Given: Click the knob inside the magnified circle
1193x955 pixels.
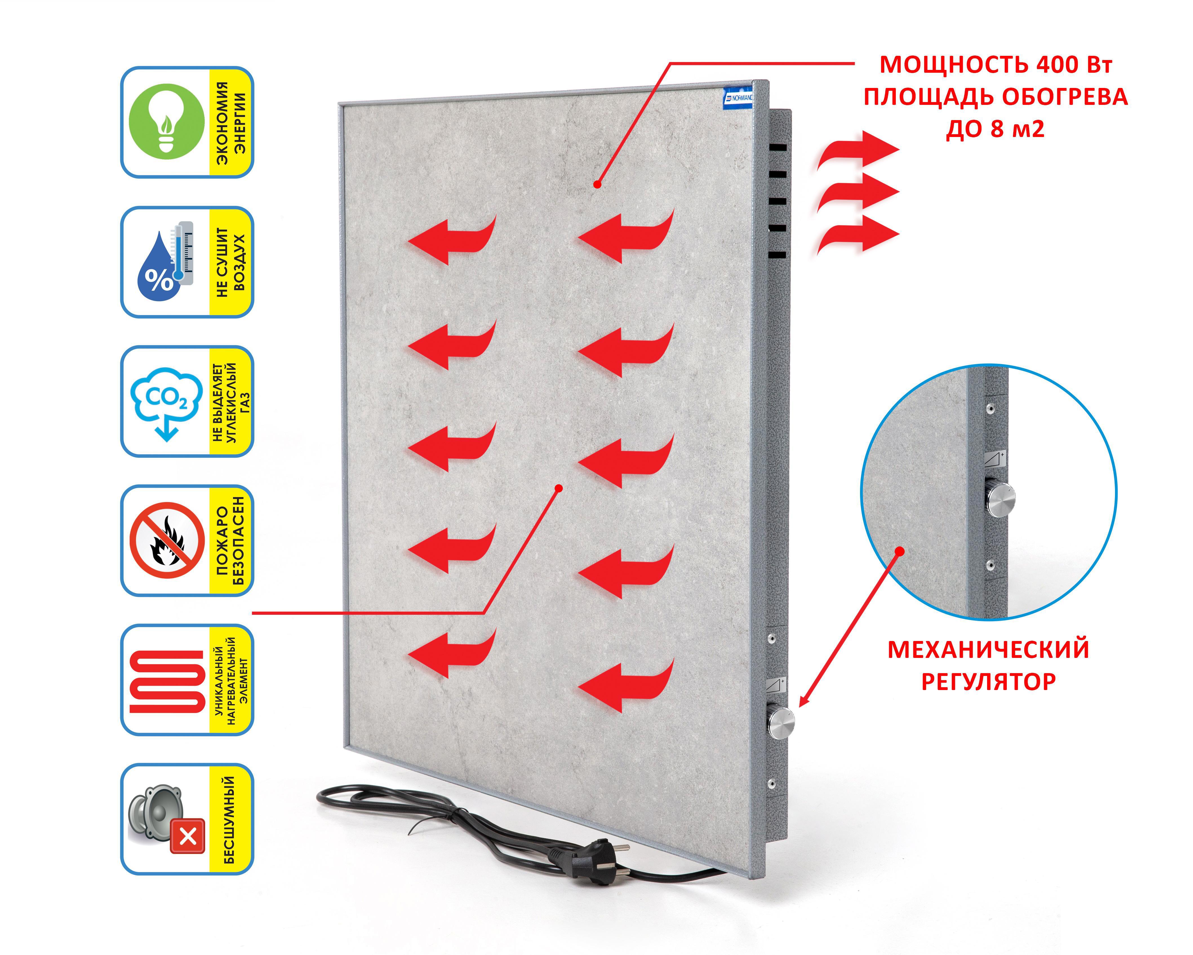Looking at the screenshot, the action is coord(999,498).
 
